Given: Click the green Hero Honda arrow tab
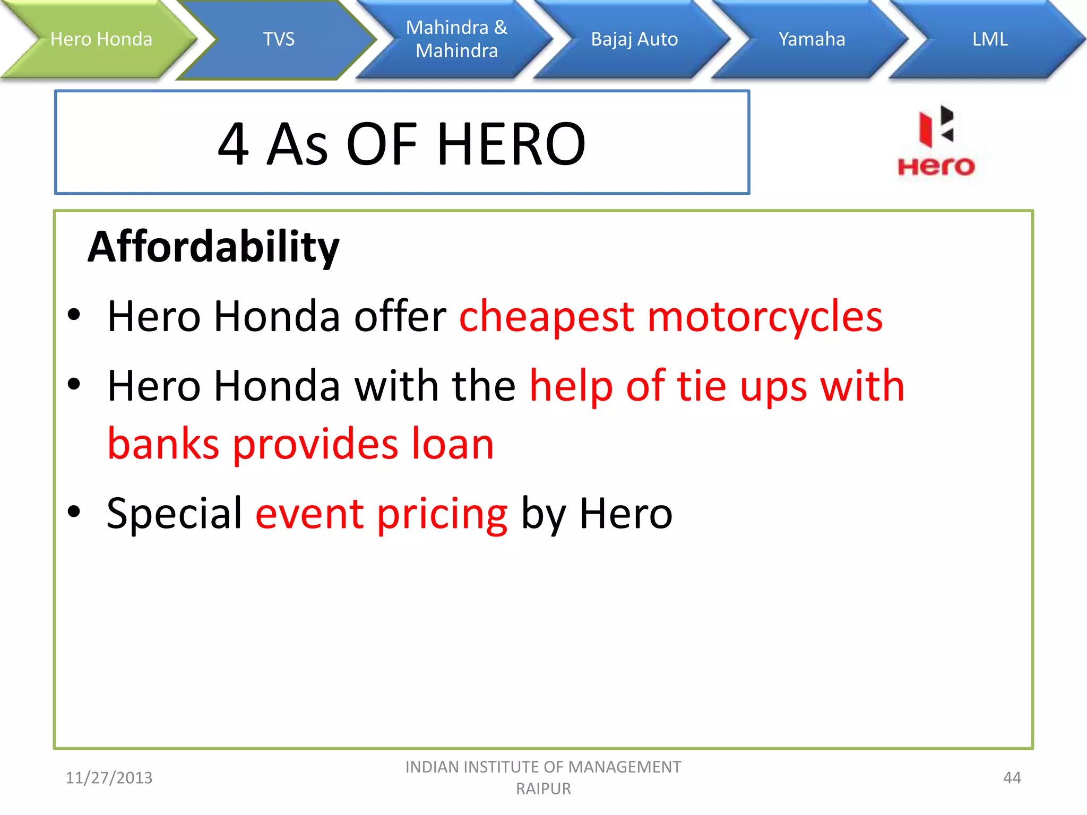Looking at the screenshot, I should point(101,39).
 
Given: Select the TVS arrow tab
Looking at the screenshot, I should point(279,39).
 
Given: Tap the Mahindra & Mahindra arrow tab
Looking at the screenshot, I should point(456,39).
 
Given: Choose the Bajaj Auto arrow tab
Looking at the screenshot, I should point(634,39).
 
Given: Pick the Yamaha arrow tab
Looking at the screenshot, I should point(812,39).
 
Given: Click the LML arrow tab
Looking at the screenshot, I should point(990,39).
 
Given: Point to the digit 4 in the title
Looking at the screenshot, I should point(233,144).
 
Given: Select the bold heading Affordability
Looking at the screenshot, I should point(213,247).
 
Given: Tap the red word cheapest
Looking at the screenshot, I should point(547,317).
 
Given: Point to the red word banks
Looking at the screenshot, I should point(163,444).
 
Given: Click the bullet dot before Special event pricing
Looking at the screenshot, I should point(74,511).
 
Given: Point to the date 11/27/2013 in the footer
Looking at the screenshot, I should point(109,778).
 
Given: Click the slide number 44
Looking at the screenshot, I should point(1012,778).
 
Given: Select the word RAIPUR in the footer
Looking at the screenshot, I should point(543,789).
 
